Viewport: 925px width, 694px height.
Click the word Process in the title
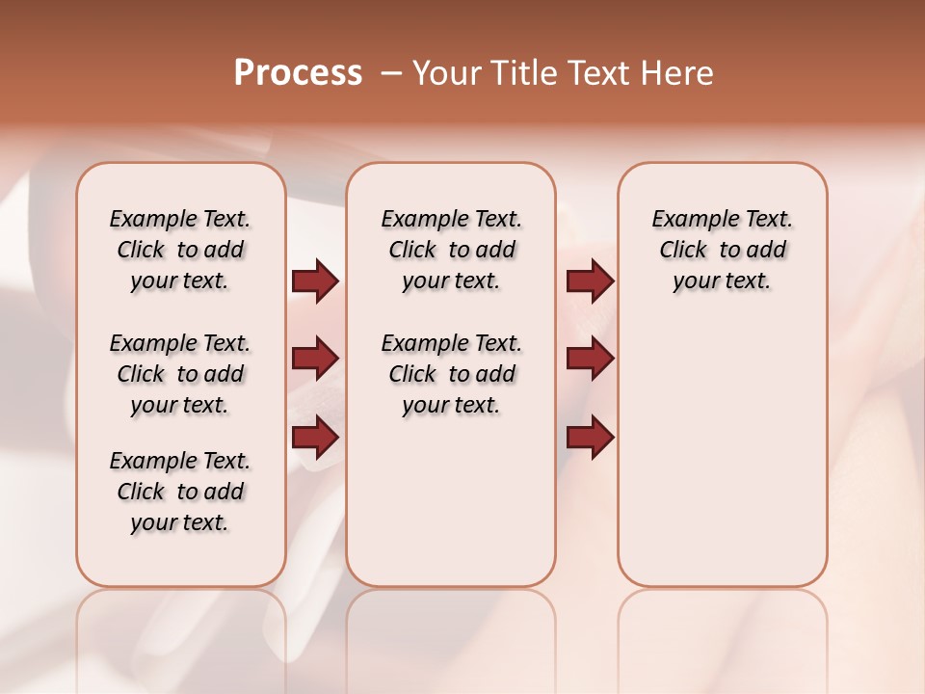pos(298,73)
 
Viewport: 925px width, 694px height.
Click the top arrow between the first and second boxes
pos(315,281)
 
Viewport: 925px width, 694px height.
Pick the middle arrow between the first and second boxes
pos(315,360)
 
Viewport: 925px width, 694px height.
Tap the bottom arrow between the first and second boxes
pos(315,438)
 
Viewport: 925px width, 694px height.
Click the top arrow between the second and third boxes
pos(590,281)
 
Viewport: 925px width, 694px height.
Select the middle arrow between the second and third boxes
pos(590,360)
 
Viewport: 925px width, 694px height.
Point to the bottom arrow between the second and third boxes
pos(590,438)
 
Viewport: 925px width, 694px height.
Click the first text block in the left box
pos(180,250)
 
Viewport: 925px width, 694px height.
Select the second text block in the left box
pos(180,374)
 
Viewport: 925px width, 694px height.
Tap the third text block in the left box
pos(180,492)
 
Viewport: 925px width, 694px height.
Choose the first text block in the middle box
pos(451,250)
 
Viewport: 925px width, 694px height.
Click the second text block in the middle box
pos(451,374)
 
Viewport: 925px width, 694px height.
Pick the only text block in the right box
pos(722,250)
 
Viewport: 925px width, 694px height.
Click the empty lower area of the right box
pos(722,453)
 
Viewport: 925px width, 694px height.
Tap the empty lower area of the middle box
pos(451,501)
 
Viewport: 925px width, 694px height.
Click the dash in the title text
pos(391,73)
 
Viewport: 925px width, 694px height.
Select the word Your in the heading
pos(446,73)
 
